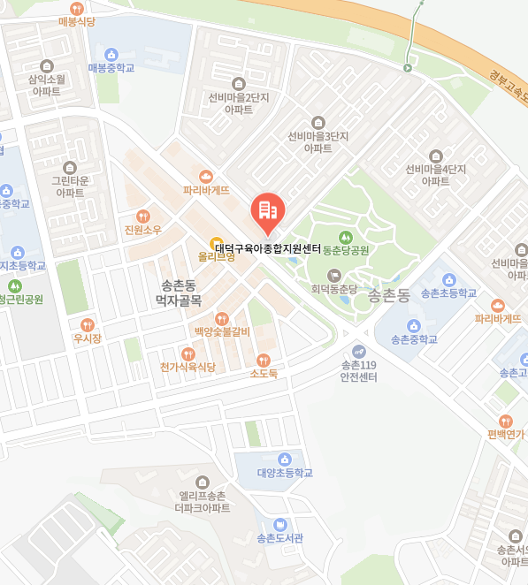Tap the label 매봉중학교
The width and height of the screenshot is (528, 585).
click(x=111, y=67)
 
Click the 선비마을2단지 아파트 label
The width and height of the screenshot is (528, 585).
click(x=239, y=103)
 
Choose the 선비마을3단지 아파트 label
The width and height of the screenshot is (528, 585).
click(x=318, y=142)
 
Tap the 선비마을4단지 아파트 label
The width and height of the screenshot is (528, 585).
click(x=435, y=174)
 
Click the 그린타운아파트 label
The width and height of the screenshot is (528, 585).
click(x=70, y=186)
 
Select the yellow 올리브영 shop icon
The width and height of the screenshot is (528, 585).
click(x=215, y=243)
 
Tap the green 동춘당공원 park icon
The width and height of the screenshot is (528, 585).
click(x=345, y=237)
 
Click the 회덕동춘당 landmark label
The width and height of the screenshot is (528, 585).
click(x=333, y=288)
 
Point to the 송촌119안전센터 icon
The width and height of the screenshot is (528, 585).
click(x=358, y=351)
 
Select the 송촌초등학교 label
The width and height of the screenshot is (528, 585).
click(x=448, y=292)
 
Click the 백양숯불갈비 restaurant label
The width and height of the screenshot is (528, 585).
click(x=222, y=331)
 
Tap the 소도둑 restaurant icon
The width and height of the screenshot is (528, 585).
click(x=263, y=360)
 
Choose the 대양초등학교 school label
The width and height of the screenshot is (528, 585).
click(x=285, y=473)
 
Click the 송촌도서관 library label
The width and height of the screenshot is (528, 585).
click(x=279, y=537)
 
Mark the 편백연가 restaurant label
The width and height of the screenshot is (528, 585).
click(x=505, y=434)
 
